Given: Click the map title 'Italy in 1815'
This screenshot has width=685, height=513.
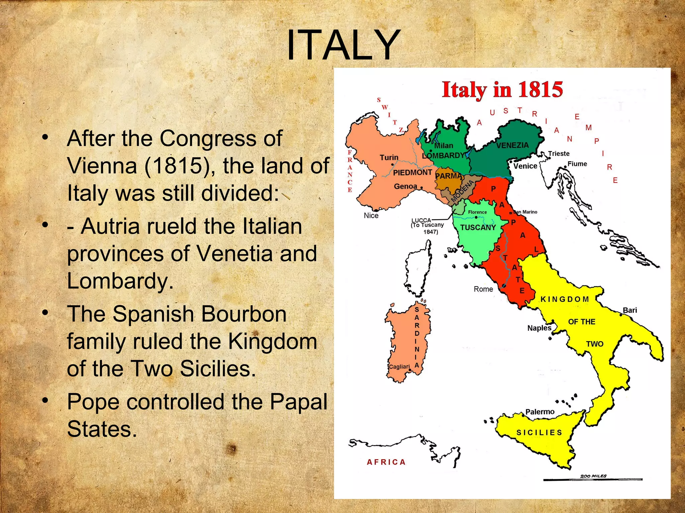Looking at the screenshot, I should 502,90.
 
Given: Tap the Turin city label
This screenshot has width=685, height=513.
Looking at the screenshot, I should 389,157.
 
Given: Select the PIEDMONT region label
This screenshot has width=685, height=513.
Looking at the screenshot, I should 412,172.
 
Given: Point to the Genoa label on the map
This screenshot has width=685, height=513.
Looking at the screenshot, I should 405,186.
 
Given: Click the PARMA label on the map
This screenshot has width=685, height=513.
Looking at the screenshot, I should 449,176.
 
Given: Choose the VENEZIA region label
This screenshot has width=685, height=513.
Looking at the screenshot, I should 512,145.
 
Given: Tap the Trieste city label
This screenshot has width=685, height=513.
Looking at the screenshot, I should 559,153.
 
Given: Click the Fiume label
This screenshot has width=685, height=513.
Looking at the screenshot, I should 577,164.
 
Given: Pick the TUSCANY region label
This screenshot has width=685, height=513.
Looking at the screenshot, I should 478,227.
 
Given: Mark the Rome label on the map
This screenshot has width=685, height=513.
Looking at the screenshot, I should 483,289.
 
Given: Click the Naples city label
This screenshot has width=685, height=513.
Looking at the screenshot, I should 539,328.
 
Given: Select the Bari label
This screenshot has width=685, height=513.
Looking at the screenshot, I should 630,310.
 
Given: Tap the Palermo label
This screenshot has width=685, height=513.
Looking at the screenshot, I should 540,412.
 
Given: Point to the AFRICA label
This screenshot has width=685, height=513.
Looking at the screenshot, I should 386,462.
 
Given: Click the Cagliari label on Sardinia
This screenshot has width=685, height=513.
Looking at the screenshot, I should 399,366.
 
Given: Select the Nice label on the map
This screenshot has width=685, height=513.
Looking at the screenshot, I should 371,215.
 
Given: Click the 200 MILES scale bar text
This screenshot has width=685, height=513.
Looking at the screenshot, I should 593,476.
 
